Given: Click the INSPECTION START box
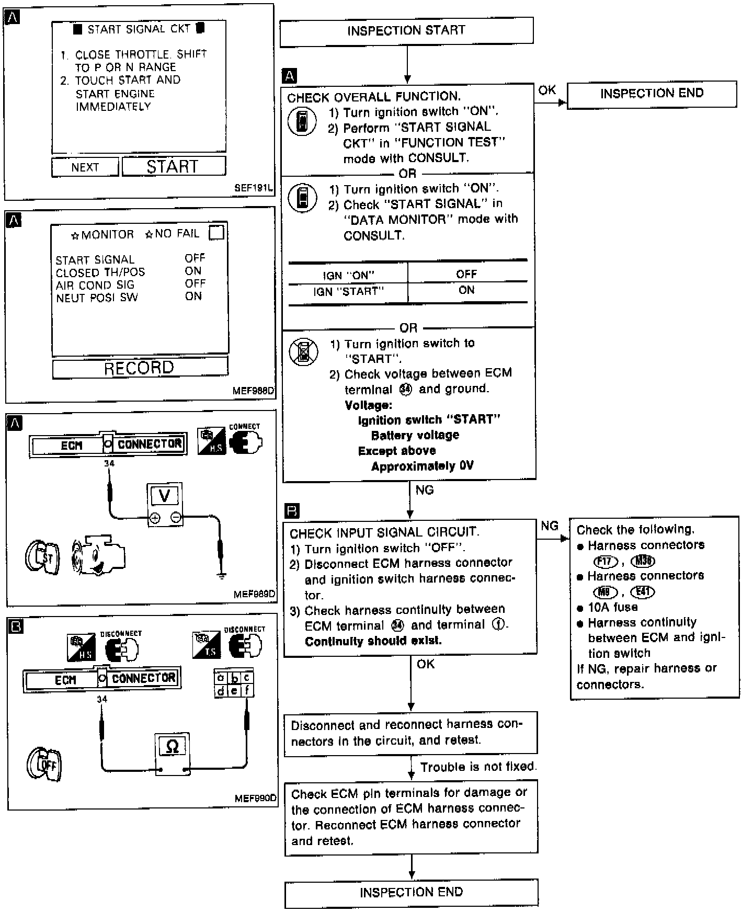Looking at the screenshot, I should [x=406, y=30].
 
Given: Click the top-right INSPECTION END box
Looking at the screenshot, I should [x=652, y=94].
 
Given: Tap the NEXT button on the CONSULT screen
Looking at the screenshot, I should [x=85, y=167].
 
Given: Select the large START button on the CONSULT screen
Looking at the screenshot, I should [x=174, y=166].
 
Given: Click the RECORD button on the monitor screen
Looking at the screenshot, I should [x=140, y=368].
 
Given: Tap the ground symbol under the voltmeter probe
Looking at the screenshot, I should [x=222, y=576].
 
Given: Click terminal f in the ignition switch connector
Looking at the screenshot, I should [x=247, y=691].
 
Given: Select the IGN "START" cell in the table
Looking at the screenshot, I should [x=348, y=291].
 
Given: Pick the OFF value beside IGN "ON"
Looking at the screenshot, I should [x=466, y=274].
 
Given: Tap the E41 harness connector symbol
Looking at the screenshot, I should [x=643, y=592].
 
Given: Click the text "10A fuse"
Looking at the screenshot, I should [x=612, y=607].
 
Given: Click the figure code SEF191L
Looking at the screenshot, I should [x=253, y=188].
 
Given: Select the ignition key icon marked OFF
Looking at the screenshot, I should [x=45, y=765].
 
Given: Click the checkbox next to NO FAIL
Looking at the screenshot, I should [x=216, y=233].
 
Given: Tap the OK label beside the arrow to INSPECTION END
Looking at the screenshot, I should [x=547, y=90].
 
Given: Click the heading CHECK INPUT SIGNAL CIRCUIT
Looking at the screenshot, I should [x=384, y=533].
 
